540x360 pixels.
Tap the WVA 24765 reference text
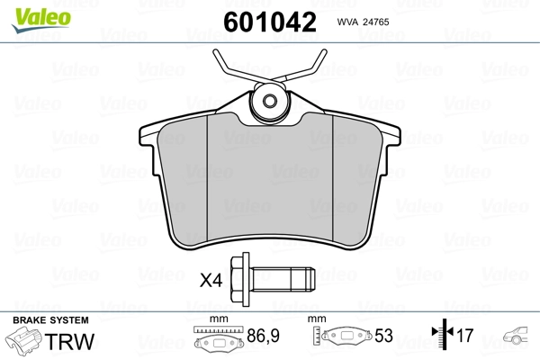[368, 22]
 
